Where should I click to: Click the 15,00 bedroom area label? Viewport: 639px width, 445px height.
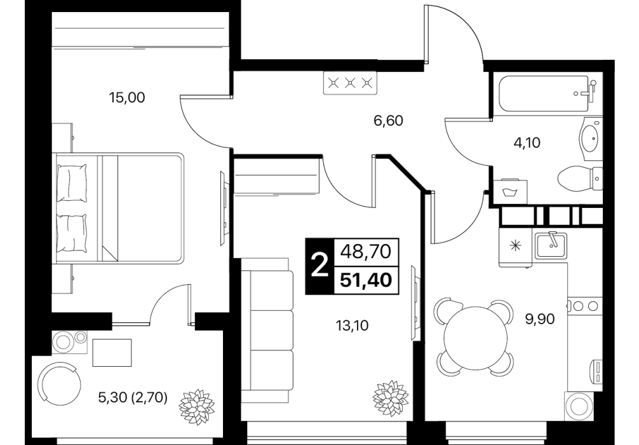tap(127, 98)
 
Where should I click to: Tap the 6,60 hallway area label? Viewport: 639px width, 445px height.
tap(388, 121)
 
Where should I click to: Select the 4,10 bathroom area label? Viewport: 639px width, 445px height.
tap(527, 143)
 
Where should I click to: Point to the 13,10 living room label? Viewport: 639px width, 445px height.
tap(352, 325)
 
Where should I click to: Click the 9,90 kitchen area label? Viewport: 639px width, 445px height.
tap(540, 319)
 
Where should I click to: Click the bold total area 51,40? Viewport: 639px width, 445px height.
tap(366, 280)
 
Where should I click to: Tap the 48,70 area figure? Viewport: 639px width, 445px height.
tap(366, 251)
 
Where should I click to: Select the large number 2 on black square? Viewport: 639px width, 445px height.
tap(319, 266)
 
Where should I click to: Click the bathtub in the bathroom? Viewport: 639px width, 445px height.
tap(544, 93)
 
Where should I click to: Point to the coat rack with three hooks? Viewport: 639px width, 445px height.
tap(350, 83)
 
